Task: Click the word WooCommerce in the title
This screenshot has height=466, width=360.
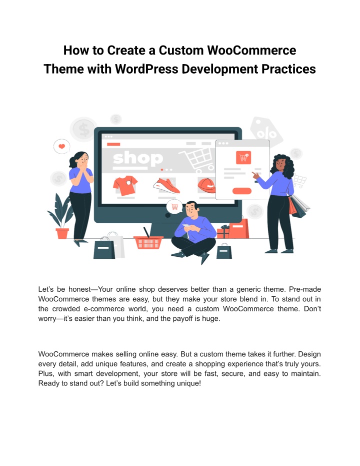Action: [251, 50]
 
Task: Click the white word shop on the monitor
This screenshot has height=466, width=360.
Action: [138, 158]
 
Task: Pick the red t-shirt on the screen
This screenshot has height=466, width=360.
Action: [125, 185]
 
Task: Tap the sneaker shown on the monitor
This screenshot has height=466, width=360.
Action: [166, 185]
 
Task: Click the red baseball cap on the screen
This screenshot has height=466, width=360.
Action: [206, 185]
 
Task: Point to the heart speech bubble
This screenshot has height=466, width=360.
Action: [61, 147]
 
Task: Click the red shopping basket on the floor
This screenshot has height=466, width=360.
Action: [148, 242]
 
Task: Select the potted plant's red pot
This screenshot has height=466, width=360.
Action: [62, 233]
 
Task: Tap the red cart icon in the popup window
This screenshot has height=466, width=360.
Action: [243, 158]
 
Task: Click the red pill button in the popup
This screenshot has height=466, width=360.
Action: [242, 191]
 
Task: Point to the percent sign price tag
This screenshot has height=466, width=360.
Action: [266, 131]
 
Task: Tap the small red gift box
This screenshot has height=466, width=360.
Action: [223, 232]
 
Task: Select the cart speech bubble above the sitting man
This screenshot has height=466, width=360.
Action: [174, 206]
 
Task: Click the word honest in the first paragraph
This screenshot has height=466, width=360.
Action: [79, 289]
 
